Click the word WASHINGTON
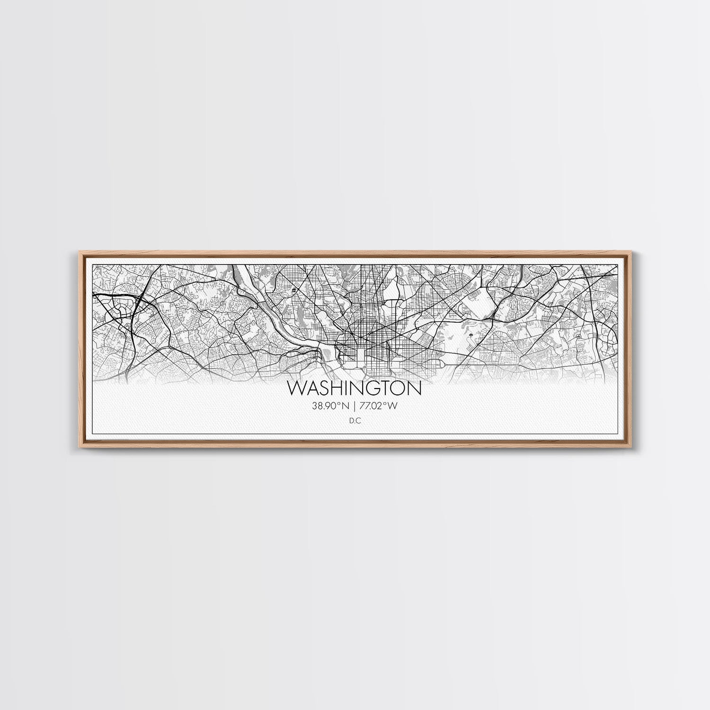[354, 389]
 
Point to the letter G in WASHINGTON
[377, 389]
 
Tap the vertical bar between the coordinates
[355, 405]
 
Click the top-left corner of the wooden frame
[77, 252]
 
